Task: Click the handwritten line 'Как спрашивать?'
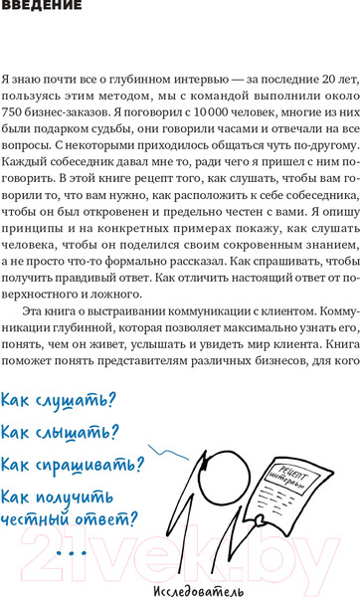pos(72,465)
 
